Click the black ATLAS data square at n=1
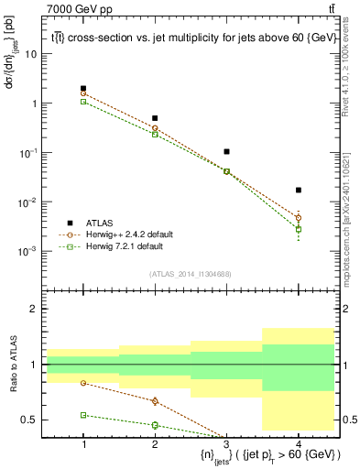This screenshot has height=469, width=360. [x=83, y=89]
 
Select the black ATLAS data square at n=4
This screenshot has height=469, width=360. [x=299, y=191]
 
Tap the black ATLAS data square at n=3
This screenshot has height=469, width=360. [x=227, y=151]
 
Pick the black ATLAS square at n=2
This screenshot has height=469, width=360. [x=155, y=118]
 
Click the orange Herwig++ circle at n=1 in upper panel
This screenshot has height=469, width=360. [x=83, y=93]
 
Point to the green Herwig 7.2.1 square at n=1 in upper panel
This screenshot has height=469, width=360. [x=83, y=102]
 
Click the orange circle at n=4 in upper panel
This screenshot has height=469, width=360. [x=299, y=218]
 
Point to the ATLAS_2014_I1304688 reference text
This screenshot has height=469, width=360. [x=191, y=274]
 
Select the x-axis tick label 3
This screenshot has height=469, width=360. [x=227, y=444]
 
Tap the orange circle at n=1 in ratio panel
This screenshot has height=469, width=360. [x=83, y=383]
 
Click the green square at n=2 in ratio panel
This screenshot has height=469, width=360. [x=155, y=425]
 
